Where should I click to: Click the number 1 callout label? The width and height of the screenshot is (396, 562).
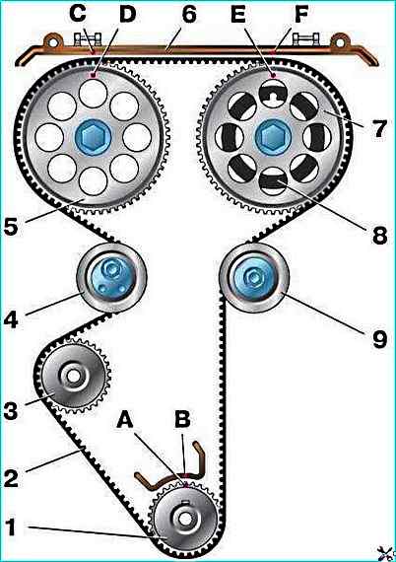point(11,527)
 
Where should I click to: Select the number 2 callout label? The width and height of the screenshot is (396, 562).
point(11,478)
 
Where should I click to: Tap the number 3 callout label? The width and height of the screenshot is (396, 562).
point(11,410)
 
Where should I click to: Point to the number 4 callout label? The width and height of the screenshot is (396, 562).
point(11,319)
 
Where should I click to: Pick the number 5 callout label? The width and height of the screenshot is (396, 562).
point(11,226)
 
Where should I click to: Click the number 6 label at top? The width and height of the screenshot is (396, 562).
point(189,15)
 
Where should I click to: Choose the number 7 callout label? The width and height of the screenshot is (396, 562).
point(379,128)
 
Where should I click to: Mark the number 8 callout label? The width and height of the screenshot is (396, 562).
point(380,236)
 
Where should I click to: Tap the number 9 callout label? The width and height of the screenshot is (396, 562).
point(380,339)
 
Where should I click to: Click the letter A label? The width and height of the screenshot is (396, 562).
point(125,418)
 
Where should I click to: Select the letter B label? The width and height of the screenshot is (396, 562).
point(182,418)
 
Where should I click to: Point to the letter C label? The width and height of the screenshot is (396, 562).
point(78,14)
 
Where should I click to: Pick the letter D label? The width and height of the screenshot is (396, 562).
point(127,14)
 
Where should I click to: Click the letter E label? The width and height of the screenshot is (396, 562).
point(237,14)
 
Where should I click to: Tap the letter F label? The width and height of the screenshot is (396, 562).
point(301,14)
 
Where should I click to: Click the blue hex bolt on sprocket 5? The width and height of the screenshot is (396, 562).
point(94,137)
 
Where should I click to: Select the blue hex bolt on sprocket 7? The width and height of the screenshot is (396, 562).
point(273,137)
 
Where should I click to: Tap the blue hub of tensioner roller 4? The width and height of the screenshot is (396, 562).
point(111,278)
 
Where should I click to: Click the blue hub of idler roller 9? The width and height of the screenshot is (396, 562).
point(254,277)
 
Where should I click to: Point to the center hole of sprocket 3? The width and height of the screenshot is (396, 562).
point(74,376)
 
